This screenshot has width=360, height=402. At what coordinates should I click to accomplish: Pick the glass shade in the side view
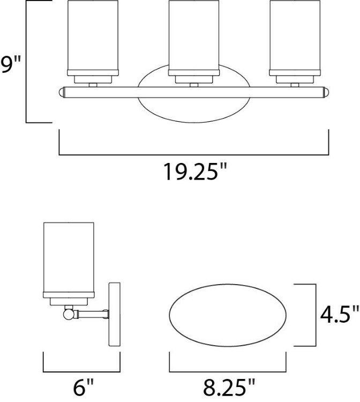tap(69, 258)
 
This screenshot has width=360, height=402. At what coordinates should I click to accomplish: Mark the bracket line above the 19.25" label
tap(193, 154)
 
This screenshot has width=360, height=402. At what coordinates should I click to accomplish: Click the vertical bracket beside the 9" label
tap(26, 62)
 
